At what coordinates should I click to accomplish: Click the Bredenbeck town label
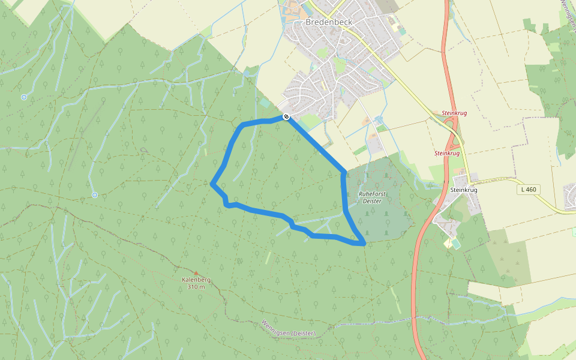point(328,22)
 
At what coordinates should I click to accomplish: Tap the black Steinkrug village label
point(463,190)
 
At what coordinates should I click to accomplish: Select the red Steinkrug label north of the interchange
point(454,113)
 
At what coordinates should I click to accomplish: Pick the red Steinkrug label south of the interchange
point(446,153)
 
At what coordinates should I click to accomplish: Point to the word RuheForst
point(372,194)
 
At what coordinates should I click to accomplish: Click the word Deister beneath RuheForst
point(372,201)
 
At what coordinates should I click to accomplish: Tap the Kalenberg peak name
point(196,280)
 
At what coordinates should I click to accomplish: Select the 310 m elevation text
point(196,287)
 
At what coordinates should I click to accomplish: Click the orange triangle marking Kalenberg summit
point(196,273)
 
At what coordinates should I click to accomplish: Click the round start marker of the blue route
point(287,116)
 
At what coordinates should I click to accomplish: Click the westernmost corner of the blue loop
point(212,184)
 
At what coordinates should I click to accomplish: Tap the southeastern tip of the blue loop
point(362,243)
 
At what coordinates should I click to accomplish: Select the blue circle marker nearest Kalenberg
point(94,195)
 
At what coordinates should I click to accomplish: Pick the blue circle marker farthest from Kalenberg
point(24,97)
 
